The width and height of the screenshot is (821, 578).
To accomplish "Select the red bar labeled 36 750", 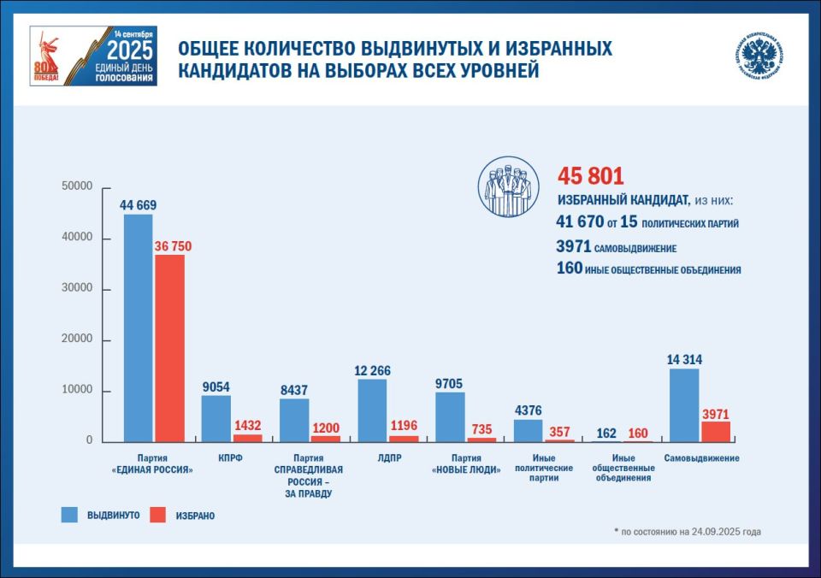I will coord(170,348).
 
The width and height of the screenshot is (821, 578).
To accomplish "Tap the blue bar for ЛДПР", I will coord(371,410).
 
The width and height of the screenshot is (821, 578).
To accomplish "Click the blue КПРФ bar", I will coord(216,418).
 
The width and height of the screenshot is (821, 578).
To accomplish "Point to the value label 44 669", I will coord(139,205).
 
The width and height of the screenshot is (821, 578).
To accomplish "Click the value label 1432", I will coord(248,425).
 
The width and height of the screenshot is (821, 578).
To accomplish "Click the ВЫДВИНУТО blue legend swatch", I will coord(69,515).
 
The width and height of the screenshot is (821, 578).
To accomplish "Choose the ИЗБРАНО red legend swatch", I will coord(157,515).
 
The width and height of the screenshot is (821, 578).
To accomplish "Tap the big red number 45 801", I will coord(591,177).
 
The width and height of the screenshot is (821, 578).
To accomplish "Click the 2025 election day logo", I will coord(94,56).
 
